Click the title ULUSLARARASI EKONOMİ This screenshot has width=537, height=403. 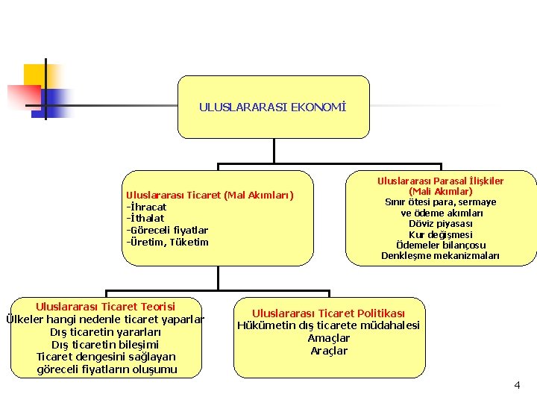pos(273,107)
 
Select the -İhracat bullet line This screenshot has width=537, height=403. pos(146,207)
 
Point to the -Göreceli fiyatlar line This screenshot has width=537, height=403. pos(167,230)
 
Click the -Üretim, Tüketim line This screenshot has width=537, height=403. pos(168,242)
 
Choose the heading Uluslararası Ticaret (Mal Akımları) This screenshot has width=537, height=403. pos(210,196)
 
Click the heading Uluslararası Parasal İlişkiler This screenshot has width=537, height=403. pos(440,181)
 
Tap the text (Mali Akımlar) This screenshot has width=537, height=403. pos(440,192)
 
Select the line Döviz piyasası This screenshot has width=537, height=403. pos(440,224)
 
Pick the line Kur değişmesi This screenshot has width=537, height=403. pos(440,234)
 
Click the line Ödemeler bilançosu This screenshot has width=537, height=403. pos(441,246)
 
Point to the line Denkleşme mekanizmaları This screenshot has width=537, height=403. pos(441,256)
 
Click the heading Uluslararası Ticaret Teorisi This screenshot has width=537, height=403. pos(105,307)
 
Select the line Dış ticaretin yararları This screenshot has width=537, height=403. pos(105,332)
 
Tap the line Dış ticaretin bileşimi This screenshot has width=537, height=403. pos(105,345)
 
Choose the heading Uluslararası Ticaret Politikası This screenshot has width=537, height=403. pos(329,313)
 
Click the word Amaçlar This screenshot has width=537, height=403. pos(329,339)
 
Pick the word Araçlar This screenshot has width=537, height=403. pos(329,351)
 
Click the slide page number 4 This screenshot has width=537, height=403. pos(517,385)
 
